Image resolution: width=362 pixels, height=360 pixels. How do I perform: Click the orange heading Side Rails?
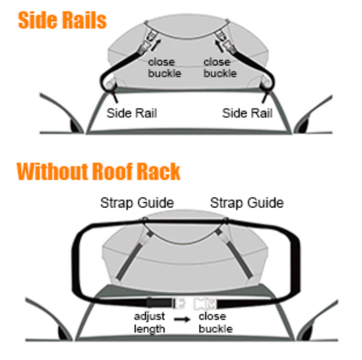pos(62,20)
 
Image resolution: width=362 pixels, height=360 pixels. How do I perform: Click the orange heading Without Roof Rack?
pos(98,171)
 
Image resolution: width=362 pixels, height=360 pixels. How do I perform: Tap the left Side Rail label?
pos(131,113)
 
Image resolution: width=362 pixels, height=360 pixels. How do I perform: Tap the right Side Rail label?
pos(247,113)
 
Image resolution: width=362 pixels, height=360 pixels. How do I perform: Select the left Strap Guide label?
pos(137,203)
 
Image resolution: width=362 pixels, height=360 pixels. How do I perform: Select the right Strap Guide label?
pos(247,203)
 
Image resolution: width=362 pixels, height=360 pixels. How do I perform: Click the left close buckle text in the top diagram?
pos(164,67)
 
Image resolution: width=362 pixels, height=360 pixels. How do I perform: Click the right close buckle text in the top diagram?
pos(220,67)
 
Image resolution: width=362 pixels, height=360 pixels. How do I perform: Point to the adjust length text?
pos(149,322)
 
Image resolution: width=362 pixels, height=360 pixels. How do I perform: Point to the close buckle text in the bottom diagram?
pos(215,322)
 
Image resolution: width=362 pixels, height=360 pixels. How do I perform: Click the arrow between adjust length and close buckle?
pos(182,319)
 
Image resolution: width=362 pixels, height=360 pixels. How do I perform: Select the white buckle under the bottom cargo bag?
pos(195,303)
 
